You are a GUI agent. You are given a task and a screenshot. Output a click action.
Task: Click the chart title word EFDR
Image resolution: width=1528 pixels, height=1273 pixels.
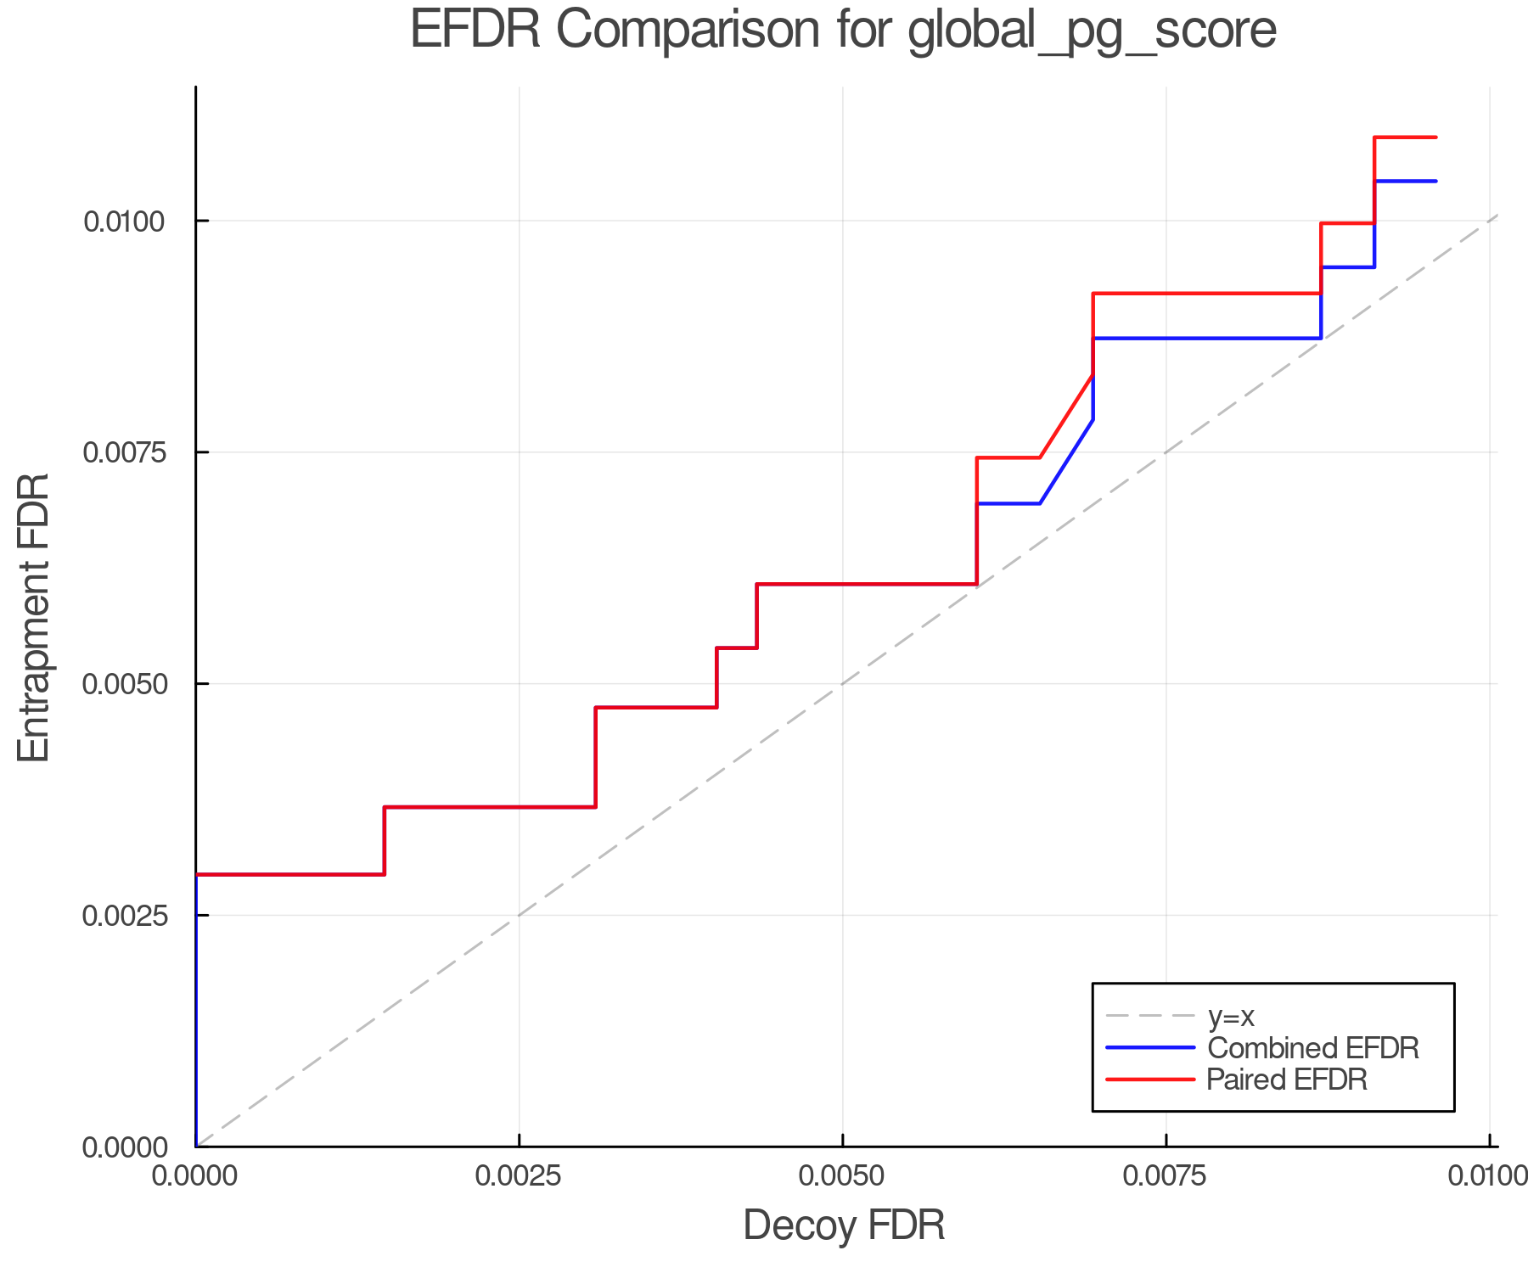[475, 31]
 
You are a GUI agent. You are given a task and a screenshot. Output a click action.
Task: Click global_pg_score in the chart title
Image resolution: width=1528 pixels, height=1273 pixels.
[1092, 32]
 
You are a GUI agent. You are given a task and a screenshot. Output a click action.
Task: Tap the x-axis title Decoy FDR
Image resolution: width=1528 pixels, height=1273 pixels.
[844, 1225]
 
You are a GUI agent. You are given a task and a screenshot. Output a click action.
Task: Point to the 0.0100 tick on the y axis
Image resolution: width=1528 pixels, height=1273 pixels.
[124, 222]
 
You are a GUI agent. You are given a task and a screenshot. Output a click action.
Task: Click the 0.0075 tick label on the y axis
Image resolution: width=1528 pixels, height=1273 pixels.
[124, 452]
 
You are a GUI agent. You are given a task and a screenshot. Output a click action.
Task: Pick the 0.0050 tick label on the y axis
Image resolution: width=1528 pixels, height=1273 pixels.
[124, 684]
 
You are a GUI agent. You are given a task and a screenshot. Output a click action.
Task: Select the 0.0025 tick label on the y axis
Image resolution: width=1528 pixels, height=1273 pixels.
[124, 916]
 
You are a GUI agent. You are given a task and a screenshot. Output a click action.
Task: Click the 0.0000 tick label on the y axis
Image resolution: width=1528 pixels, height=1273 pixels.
[124, 1147]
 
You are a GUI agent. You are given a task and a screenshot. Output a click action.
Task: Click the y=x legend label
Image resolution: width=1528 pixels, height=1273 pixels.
[1231, 1016]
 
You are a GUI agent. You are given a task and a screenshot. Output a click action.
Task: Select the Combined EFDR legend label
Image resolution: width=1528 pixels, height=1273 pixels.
[1312, 1048]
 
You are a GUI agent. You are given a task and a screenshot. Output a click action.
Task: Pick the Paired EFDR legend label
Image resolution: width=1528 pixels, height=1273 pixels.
[1287, 1080]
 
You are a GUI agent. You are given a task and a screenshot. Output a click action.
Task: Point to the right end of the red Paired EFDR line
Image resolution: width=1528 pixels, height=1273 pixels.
[1435, 137]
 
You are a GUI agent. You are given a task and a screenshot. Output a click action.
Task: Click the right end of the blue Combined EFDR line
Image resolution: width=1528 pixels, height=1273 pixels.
[1435, 181]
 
